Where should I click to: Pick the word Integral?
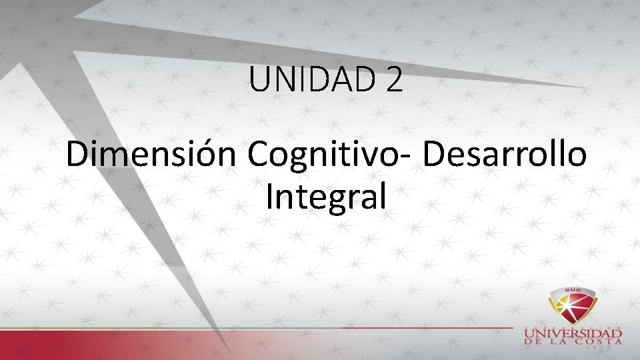point(325,197)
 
